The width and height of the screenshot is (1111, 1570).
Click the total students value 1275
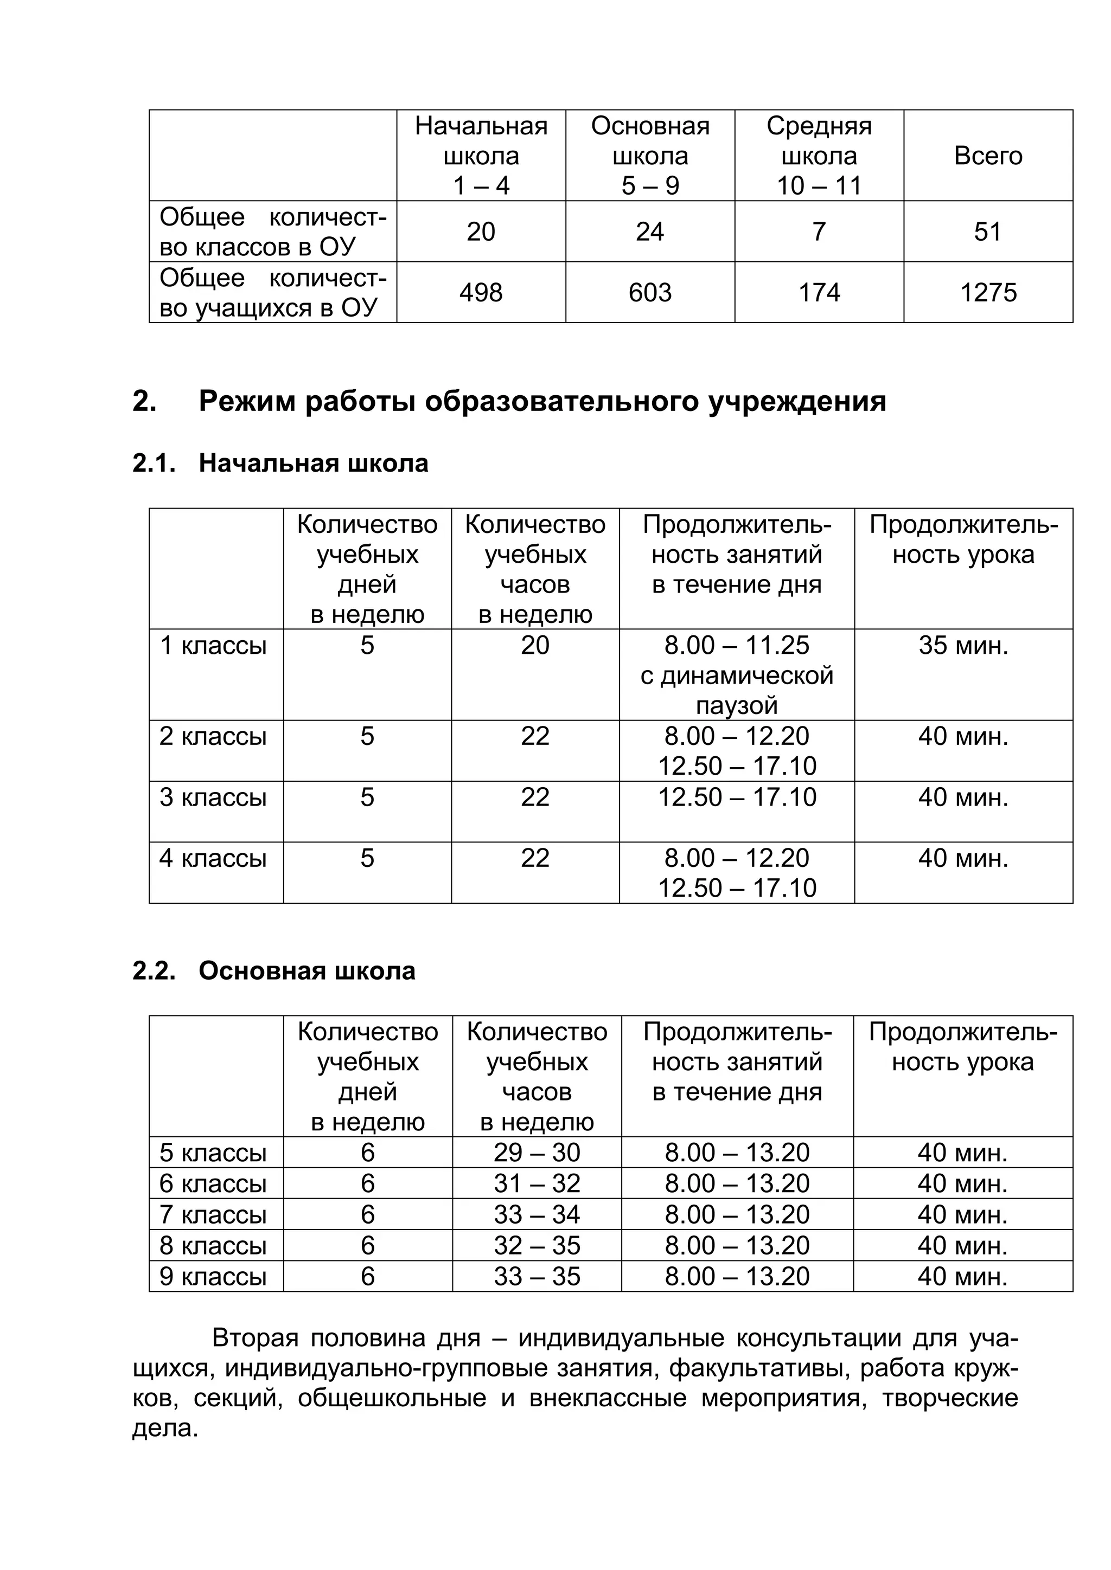click(988, 293)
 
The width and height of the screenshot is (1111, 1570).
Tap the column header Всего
click(988, 156)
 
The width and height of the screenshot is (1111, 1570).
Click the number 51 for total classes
click(988, 232)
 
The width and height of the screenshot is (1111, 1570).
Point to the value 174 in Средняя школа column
click(819, 293)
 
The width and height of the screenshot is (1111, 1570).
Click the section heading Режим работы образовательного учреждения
click(542, 401)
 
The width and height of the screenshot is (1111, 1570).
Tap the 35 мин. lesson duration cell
click(963, 645)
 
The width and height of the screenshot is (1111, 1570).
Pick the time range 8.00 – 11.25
click(737, 645)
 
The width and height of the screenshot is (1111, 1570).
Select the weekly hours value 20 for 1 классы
click(535, 645)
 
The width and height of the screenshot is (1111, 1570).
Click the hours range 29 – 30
click(537, 1153)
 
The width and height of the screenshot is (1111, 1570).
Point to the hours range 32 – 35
click(537, 1246)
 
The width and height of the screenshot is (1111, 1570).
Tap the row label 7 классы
click(213, 1215)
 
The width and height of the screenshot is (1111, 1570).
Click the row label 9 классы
click(213, 1277)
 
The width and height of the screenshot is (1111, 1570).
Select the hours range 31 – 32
click(537, 1183)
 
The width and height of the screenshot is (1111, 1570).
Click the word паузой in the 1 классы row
click(737, 705)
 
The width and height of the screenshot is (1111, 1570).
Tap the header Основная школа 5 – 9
click(650, 156)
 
